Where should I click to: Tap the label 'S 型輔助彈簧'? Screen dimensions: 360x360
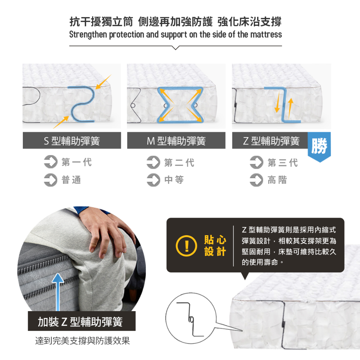pyautogui.click(x=72, y=141)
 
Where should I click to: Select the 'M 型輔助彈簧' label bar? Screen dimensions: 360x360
pyautogui.click(x=176, y=141)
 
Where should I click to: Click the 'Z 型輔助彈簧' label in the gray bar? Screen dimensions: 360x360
pyautogui.click(x=271, y=141)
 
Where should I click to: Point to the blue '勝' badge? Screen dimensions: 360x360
pyautogui.click(x=319, y=146)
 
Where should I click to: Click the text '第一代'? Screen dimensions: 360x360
pyautogui.click(x=77, y=162)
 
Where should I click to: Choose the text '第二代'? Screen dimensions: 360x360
pyautogui.click(x=179, y=162)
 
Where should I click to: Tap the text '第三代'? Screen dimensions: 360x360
pyautogui.click(x=283, y=162)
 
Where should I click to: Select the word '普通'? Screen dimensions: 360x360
pyautogui.click(x=71, y=180)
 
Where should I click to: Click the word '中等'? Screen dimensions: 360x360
pyautogui.click(x=174, y=180)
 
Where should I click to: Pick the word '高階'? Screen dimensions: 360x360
pyautogui.click(x=277, y=180)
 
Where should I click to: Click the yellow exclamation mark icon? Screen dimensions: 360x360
pyautogui.click(x=186, y=246)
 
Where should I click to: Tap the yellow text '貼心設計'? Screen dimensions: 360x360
pyautogui.click(x=215, y=246)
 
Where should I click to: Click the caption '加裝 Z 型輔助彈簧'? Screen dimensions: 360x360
pyautogui.click(x=81, y=321)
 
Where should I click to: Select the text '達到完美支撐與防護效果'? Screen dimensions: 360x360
pyautogui.click(x=82, y=341)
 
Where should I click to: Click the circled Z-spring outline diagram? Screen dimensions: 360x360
pyautogui.click(x=191, y=319)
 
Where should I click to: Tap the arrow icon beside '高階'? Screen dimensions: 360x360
pyautogui.click(x=256, y=180)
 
